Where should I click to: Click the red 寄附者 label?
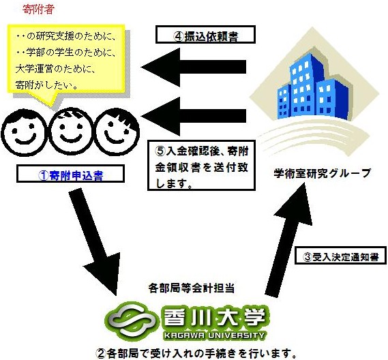click(38, 10)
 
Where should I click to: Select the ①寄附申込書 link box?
click(70, 174)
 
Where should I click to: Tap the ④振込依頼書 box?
click(205, 35)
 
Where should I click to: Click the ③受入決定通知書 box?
click(340, 255)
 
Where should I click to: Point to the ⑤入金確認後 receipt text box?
click(201, 165)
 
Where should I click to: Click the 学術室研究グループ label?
click(322, 173)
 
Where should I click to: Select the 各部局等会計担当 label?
click(192, 288)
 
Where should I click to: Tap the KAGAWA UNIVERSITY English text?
click(214, 335)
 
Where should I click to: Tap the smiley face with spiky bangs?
click(117, 132)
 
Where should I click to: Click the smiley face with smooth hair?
click(24, 132)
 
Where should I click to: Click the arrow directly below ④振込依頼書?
click(194, 67)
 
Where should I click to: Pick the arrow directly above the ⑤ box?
click(194, 116)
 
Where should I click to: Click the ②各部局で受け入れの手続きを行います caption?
click(196, 353)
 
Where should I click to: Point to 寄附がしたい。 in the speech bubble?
click(47, 85)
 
